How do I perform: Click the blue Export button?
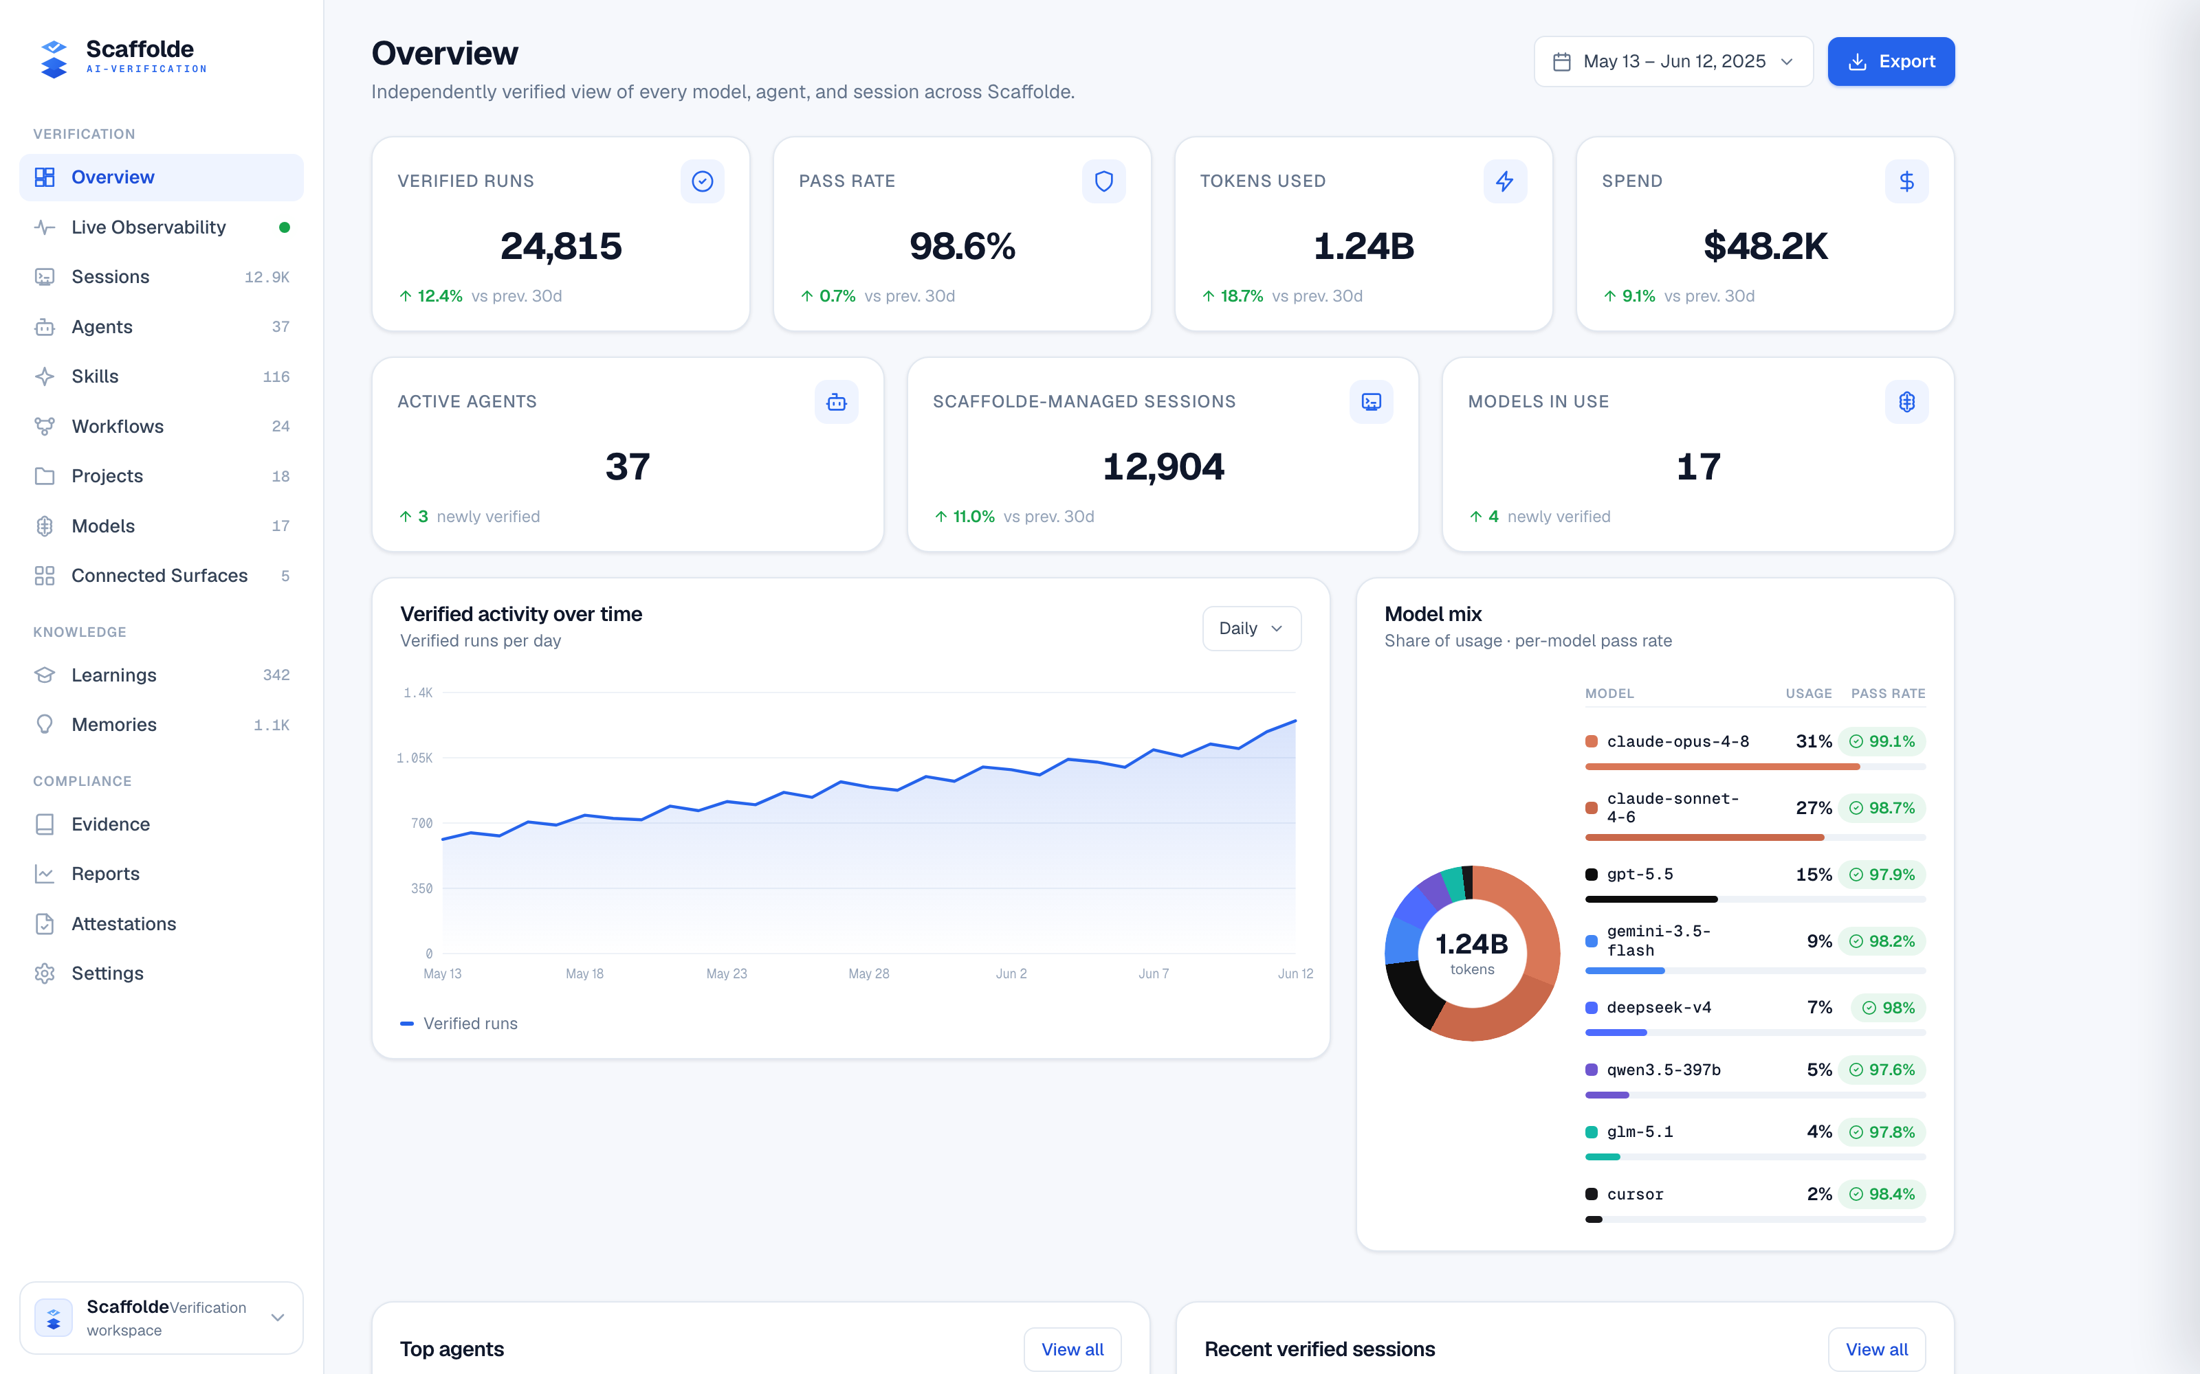coord(1891,62)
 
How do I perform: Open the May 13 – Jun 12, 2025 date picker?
coord(1673,62)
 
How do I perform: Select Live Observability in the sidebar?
coord(148,227)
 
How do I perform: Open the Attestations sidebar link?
coord(124,923)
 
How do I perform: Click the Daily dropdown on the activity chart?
coord(1251,629)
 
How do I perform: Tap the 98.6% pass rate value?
coord(962,246)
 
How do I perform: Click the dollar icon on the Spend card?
coord(1906,182)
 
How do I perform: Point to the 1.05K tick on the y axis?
coord(415,758)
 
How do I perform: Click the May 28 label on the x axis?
coord(868,973)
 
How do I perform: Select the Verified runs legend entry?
coord(459,1023)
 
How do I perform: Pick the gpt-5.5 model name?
coord(1639,874)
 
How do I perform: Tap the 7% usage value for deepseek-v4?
coord(1819,1008)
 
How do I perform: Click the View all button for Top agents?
coord(1072,1349)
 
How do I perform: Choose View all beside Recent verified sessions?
coord(1876,1349)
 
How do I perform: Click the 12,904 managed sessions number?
coord(1163,467)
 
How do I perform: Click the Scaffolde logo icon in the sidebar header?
coord(54,59)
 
